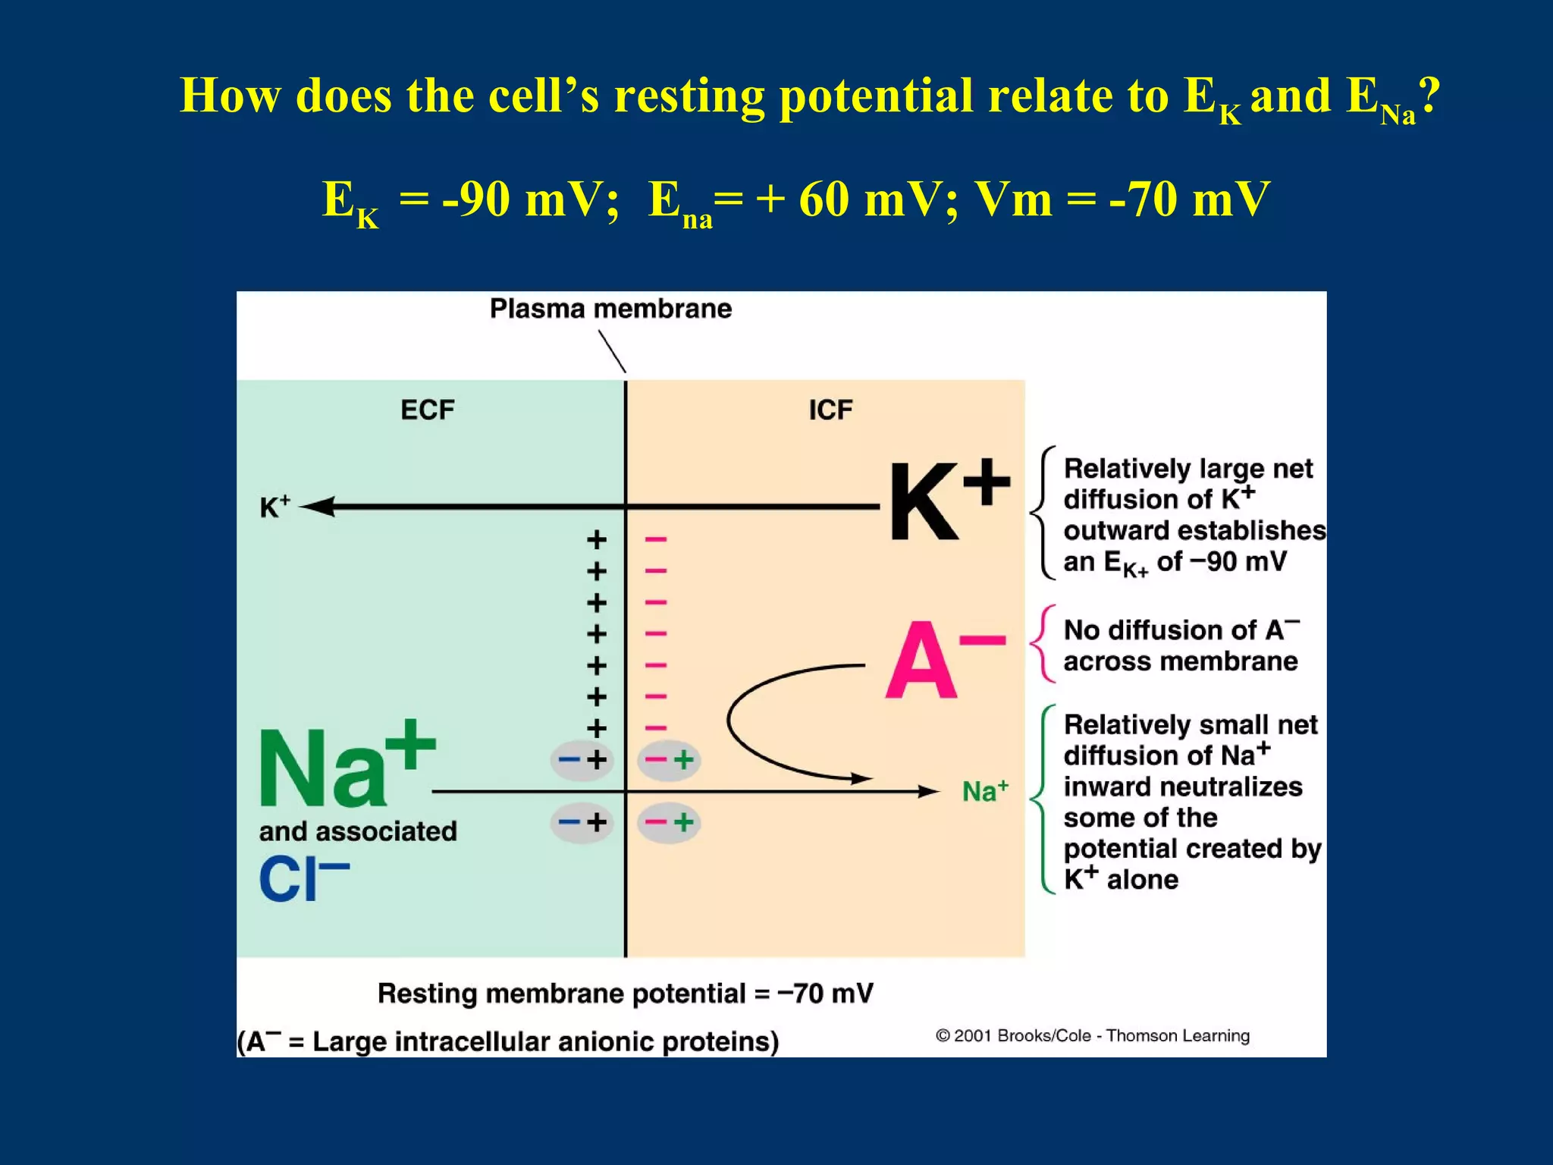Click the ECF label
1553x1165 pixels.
428,410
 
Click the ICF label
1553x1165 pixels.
830,410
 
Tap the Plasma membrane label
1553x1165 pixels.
610,309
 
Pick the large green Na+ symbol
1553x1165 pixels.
345,766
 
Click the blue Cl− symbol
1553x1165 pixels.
303,880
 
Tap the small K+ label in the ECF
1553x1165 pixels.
275,507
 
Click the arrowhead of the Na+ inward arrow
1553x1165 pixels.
928,792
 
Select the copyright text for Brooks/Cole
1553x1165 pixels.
1092,1035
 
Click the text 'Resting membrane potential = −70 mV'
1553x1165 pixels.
626,994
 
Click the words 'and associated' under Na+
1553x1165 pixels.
358,831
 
